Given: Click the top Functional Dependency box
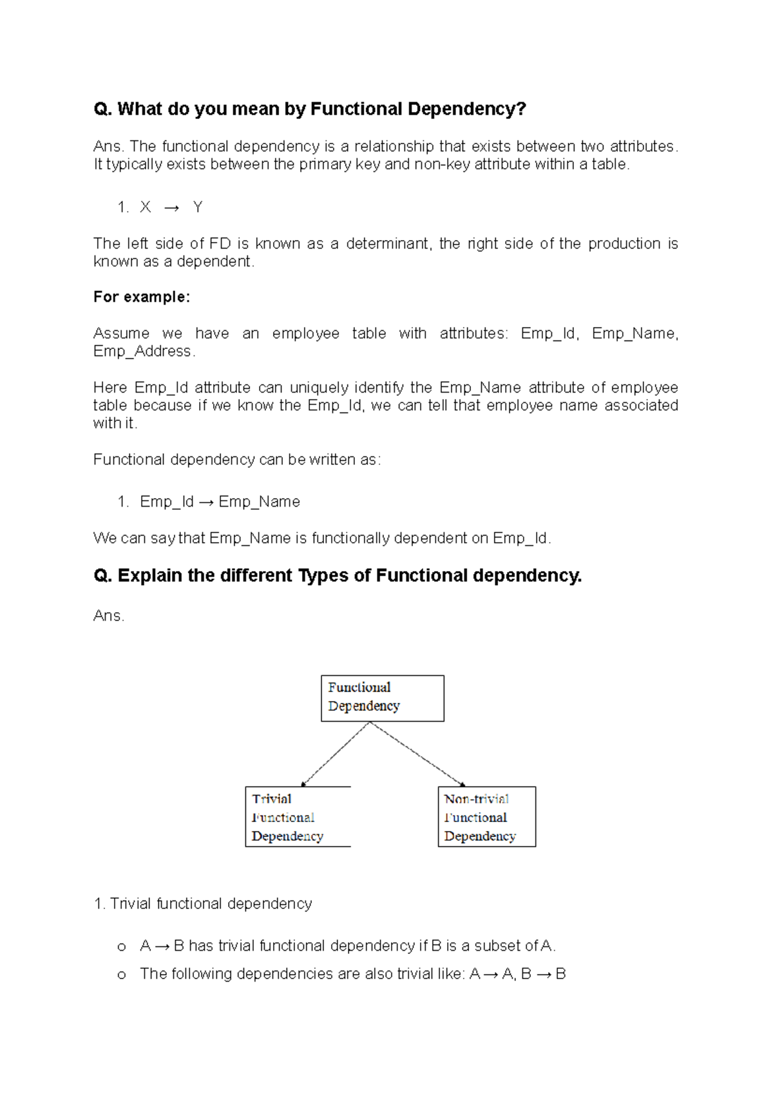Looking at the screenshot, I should pos(382,698).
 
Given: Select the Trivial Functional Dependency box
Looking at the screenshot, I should pos(298,816).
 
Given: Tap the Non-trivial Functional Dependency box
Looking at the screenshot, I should pos(486,816).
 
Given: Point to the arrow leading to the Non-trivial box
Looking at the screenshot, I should pos(417,754).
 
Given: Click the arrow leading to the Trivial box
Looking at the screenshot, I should pos(336,754).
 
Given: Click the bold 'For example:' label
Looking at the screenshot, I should pos(142,297).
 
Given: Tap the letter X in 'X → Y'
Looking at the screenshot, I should pos(145,207).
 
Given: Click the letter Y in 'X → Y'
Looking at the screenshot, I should pos(198,207).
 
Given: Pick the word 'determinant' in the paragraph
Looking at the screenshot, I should pos(388,243).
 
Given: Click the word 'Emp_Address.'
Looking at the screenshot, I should pos(144,351).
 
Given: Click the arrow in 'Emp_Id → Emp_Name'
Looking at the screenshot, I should pos(205,502).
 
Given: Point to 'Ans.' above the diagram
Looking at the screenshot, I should pos(108,615).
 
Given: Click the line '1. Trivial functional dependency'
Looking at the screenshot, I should pos(203,903).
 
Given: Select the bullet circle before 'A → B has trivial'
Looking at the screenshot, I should pos(121,947).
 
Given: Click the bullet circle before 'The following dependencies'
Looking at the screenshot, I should pos(121,975).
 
